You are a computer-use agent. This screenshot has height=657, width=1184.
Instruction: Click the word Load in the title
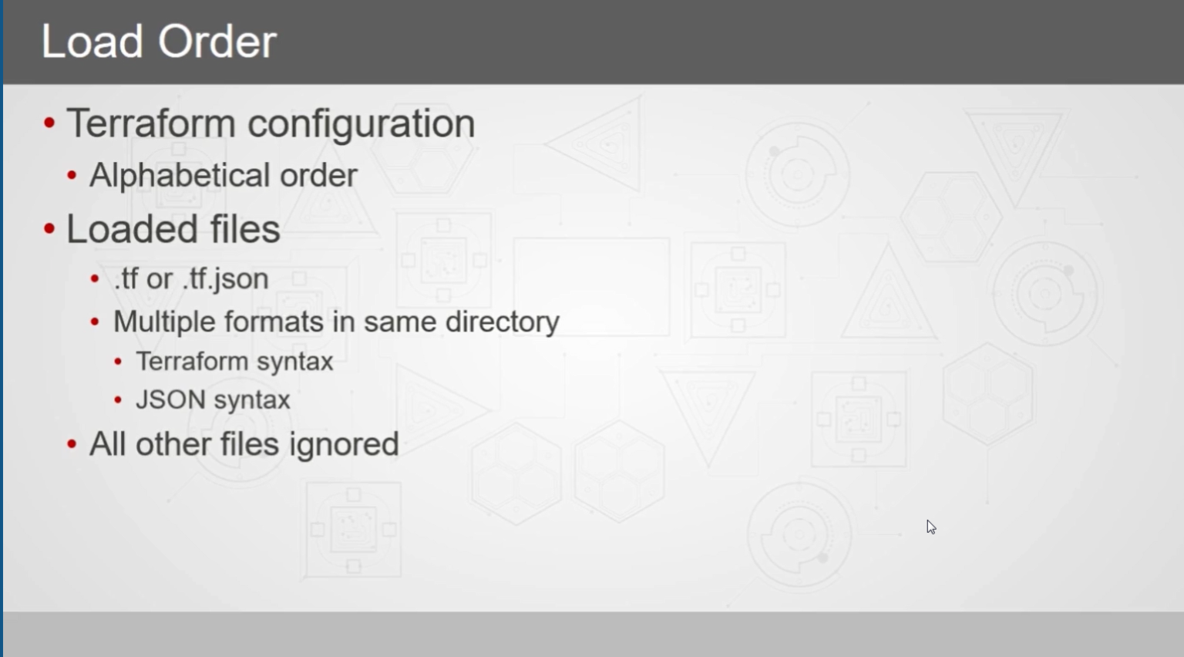(92, 42)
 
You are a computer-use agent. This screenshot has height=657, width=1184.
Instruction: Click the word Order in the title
(217, 42)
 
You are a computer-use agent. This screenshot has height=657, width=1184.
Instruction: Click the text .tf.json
(225, 279)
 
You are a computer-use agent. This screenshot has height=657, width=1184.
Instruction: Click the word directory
(502, 322)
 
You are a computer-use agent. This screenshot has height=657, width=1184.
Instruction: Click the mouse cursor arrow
(931, 527)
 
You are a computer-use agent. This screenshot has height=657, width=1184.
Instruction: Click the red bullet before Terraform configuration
(49, 123)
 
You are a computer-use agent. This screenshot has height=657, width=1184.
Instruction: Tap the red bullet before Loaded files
(49, 229)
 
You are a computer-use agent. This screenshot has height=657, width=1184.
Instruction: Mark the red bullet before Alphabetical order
(72, 176)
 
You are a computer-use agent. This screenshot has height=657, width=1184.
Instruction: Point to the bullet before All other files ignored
(72, 444)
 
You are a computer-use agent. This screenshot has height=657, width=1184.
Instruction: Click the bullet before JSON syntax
(118, 400)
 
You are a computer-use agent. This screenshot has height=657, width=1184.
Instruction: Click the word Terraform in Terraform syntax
(193, 362)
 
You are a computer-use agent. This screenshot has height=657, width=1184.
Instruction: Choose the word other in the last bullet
(173, 444)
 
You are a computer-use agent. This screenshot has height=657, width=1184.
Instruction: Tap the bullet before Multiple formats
(95, 322)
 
